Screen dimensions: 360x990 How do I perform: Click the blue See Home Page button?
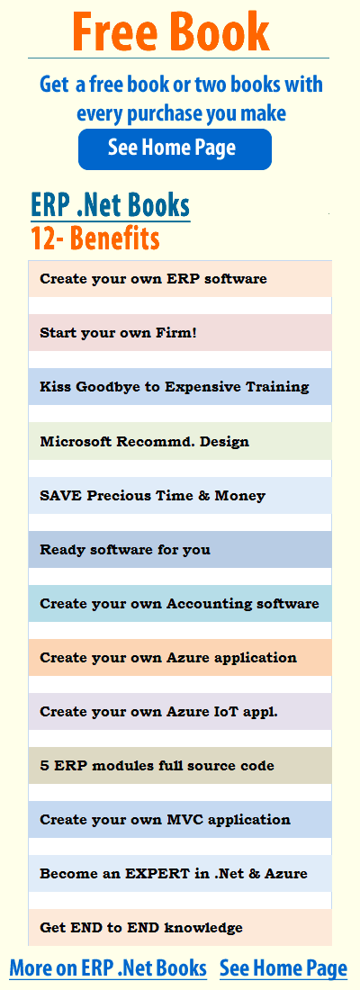pyautogui.click(x=175, y=149)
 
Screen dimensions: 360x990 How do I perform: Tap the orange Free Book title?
pyautogui.click(x=171, y=31)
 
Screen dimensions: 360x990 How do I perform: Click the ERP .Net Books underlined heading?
pyautogui.click(x=110, y=206)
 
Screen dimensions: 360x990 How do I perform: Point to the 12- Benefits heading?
pyautogui.click(x=94, y=238)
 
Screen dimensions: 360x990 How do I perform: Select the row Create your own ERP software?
pyautogui.click(x=180, y=278)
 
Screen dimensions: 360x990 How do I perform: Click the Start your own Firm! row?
pyautogui.click(x=180, y=333)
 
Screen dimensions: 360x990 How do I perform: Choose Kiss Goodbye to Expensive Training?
pyautogui.click(x=180, y=387)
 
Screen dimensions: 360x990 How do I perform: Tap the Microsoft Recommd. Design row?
pyautogui.click(x=180, y=441)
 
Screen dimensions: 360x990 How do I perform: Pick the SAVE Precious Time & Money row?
pyautogui.click(x=180, y=496)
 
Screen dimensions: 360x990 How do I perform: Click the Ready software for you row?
pyautogui.click(x=180, y=549)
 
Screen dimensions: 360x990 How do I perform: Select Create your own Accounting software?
pyautogui.click(x=180, y=604)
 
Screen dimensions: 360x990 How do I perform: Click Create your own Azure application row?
pyautogui.click(x=180, y=658)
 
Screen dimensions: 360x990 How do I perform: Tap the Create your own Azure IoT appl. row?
pyautogui.click(x=180, y=712)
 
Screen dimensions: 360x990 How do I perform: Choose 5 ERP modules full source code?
pyautogui.click(x=180, y=766)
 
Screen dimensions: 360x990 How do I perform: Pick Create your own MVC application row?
pyautogui.click(x=180, y=820)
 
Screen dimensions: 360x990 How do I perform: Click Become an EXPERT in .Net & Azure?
pyautogui.click(x=180, y=874)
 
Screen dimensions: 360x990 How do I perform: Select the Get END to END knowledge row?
pyautogui.click(x=180, y=928)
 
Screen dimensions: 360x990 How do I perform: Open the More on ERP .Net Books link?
pyautogui.click(x=108, y=967)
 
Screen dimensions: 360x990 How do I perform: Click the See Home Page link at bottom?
pyautogui.click(x=283, y=967)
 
